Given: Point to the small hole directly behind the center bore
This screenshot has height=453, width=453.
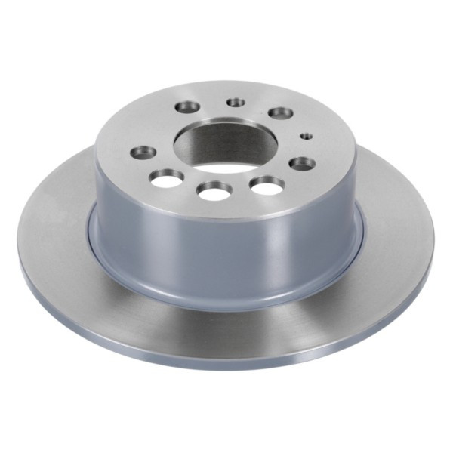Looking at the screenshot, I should [237, 102].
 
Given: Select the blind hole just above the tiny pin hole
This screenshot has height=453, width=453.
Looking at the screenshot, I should [281, 113].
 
